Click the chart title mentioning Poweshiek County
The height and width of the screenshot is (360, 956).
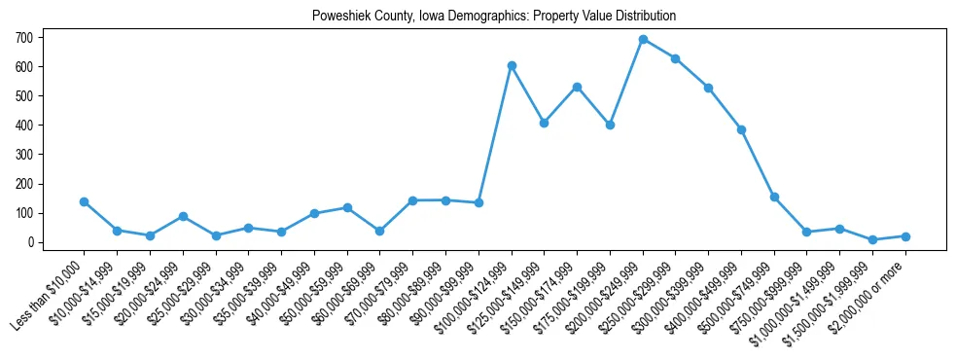point(493,17)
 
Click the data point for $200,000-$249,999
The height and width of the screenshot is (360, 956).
point(643,39)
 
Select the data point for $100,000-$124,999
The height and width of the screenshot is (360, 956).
point(512,65)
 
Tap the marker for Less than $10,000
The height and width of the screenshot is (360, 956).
point(84,201)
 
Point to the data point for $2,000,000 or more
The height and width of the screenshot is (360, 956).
point(905,236)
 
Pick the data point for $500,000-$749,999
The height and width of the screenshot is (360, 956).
point(774,197)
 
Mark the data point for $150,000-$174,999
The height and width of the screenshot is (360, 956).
point(577,87)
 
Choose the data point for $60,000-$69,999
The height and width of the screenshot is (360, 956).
point(379,231)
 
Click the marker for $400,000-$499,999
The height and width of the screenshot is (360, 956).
point(741,129)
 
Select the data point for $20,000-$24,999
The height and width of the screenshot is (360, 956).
point(183,216)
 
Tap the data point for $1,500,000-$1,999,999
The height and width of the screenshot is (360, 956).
point(872,239)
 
